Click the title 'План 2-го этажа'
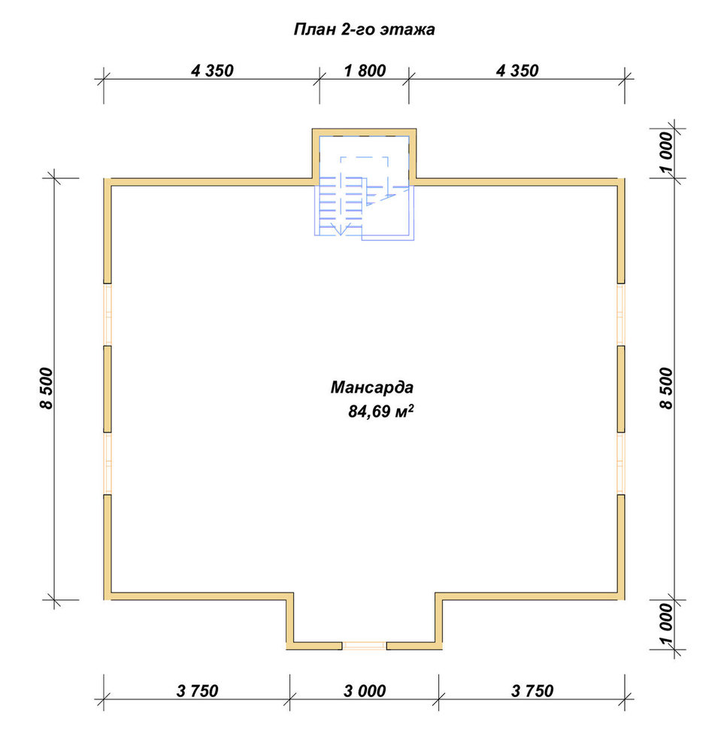(364, 30)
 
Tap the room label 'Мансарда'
(371, 387)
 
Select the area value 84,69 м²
(380, 411)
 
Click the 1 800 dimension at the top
(365, 71)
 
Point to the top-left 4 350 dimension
(212, 71)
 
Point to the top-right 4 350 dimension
(517, 71)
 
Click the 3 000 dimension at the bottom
(365, 690)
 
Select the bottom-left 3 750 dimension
(197, 690)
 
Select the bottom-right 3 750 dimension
(532, 690)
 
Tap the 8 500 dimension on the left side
(47, 388)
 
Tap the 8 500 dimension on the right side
(667, 388)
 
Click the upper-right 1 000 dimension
(667, 153)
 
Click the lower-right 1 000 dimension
(667, 624)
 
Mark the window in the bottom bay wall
(365, 645)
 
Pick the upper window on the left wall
(108, 314)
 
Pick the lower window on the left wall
(108, 463)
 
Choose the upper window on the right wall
(621, 314)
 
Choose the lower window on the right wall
(621, 463)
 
